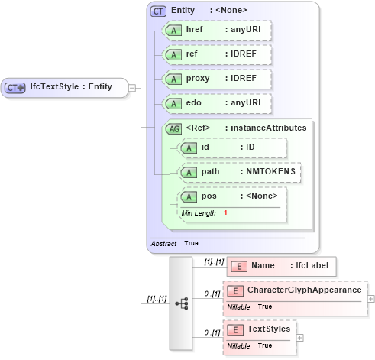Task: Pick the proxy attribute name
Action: click(x=199, y=79)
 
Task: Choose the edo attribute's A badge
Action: click(x=174, y=103)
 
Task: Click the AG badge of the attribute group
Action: click(x=173, y=128)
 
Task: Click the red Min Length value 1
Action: click(x=225, y=212)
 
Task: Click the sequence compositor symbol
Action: click(x=181, y=303)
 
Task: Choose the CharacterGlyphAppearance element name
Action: click(x=304, y=290)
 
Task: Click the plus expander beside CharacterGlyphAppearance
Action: click(x=371, y=298)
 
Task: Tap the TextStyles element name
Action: click(x=269, y=329)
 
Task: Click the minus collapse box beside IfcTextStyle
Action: click(x=132, y=87)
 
